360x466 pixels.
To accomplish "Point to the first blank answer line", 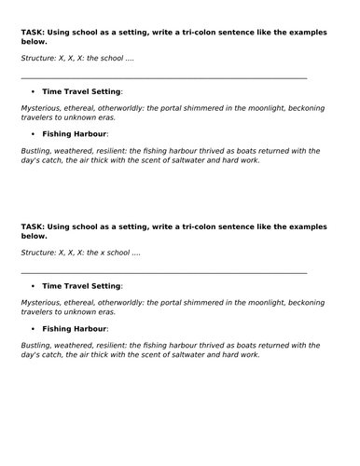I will click(x=163, y=78).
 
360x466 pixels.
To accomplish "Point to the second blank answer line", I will click(x=163, y=273).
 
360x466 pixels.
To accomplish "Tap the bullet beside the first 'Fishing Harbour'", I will click(x=33, y=134).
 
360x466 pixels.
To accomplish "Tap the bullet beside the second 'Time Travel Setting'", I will click(x=33, y=286).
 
